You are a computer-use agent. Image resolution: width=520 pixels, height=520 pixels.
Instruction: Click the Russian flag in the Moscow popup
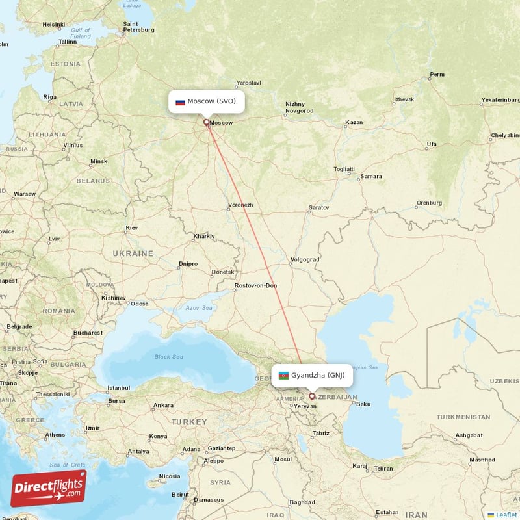(x=180, y=101)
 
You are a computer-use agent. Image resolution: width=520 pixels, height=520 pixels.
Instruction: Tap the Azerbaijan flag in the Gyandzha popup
(x=283, y=375)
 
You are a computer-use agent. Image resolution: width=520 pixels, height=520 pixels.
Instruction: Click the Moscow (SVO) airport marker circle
(x=207, y=122)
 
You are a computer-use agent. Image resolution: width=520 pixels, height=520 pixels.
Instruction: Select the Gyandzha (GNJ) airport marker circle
(x=311, y=395)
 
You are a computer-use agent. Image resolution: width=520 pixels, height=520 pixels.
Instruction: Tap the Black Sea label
(x=168, y=357)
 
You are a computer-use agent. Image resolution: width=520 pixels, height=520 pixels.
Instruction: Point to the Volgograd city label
(x=305, y=259)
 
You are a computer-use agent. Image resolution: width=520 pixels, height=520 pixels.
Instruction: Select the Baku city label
(x=363, y=404)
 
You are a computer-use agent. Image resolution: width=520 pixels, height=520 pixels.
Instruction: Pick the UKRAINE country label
(x=133, y=253)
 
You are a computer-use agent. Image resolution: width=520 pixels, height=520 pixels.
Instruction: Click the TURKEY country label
(x=189, y=422)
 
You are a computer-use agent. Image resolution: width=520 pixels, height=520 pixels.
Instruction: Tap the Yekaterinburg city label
(x=500, y=100)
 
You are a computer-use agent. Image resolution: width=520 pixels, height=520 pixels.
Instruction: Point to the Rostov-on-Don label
(x=256, y=285)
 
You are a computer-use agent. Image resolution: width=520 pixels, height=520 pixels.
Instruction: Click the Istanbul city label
(x=119, y=388)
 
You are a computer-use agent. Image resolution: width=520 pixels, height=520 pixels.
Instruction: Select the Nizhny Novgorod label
(x=300, y=107)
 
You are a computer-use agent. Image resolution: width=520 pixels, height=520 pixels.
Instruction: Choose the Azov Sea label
(x=199, y=308)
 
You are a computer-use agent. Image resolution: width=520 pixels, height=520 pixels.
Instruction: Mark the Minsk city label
(x=99, y=161)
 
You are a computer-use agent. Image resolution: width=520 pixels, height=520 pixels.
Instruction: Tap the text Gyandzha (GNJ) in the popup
(x=318, y=375)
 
